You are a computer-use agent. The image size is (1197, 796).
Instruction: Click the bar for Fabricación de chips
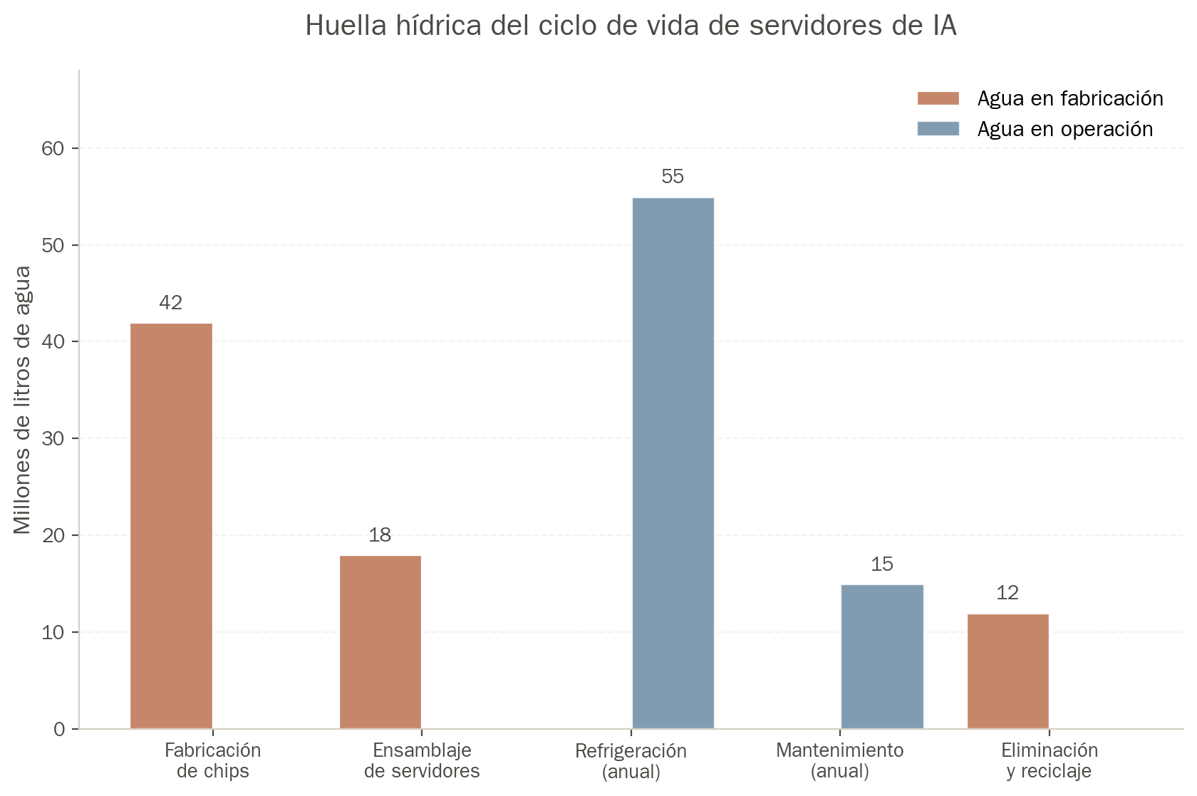pyautogui.click(x=172, y=526)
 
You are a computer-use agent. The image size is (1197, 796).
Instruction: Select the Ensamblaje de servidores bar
pyautogui.click(x=380, y=642)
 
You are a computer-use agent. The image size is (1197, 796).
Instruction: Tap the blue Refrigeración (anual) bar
pyautogui.click(x=673, y=463)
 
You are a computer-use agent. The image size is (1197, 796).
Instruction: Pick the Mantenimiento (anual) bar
pyautogui.click(x=882, y=656)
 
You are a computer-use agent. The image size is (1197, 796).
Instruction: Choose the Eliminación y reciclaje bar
pyautogui.click(x=1008, y=671)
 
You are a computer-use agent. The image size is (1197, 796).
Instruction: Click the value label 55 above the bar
pyautogui.click(x=673, y=177)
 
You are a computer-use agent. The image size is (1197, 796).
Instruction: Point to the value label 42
pyautogui.click(x=171, y=303)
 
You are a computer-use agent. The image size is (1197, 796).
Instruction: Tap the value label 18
pyautogui.click(x=380, y=534)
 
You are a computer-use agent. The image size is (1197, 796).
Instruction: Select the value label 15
pyautogui.click(x=882, y=564)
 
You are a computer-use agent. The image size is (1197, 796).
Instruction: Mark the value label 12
pyautogui.click(x=1007, y=593)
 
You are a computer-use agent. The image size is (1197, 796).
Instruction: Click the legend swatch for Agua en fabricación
pyautogui.click(x=938, y=98)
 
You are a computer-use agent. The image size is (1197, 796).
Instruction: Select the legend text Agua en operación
pyautogui.click(x=1065, y=130)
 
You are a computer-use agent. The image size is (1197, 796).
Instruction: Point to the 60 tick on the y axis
pyautogui.click(x=53, y=148)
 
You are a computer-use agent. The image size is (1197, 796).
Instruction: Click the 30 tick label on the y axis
pyautogui.click(x=53, y=438)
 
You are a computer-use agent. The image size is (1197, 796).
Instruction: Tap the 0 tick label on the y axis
pyautogui.click(x=59, y=729)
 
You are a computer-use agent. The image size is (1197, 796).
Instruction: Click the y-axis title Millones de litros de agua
pyautogui.click(x=23, y=400)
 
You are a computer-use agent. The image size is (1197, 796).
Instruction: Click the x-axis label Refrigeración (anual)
pyautogui.click(x=631, y=760)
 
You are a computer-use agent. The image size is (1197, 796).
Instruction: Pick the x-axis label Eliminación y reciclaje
pyautogui.click(x=1050, y=760)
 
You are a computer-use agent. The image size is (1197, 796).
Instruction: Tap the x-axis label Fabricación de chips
pyautogui.click(x=212, y=760)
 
